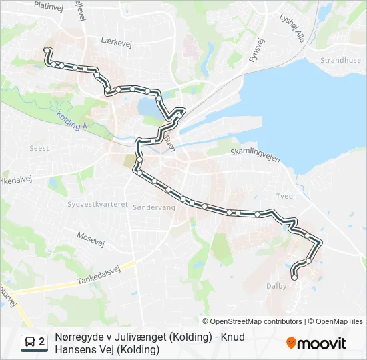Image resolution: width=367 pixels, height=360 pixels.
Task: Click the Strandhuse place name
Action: (x=340, y=60)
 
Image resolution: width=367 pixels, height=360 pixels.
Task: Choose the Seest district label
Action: (x=39, y=147)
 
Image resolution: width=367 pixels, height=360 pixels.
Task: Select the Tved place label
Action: (x=284, y=196)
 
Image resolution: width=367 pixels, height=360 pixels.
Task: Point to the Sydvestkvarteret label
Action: (x=97, y=205)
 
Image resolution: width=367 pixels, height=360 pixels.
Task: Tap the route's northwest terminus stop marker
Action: (x=47, y=50)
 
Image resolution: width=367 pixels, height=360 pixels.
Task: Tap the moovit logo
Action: (x=316, y=343)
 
